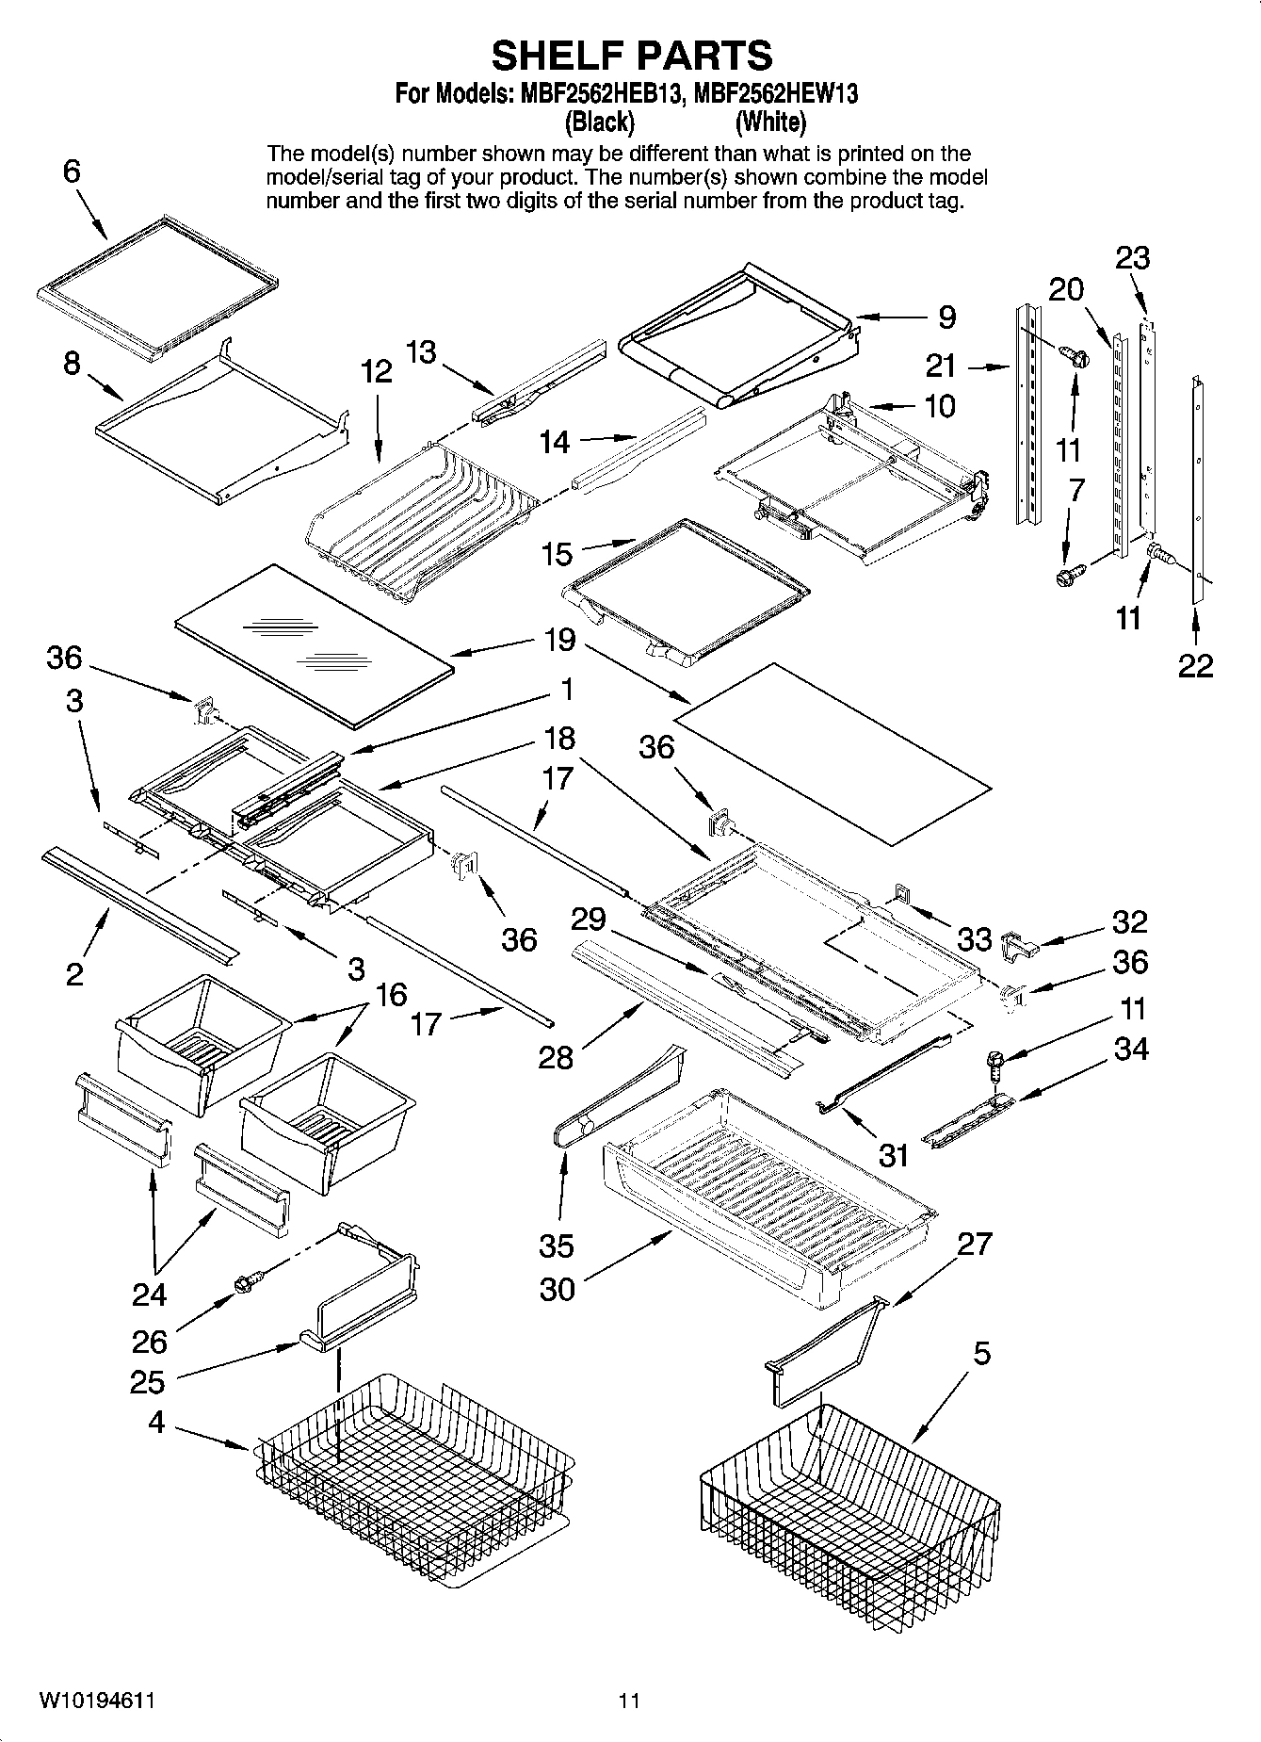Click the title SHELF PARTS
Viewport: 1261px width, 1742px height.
click(631, 56)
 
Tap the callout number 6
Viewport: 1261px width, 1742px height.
click(73, 171)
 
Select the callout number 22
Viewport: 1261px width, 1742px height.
click(1195, 665)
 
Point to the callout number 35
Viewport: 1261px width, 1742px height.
click(556, 1245)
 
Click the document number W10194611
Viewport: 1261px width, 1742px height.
click(97, 1701)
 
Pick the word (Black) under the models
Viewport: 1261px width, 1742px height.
click(599, 122)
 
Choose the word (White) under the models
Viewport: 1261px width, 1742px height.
click(770, 122)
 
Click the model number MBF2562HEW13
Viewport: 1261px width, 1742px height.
click(776, 94)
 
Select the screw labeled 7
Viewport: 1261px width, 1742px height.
click(1067, 574)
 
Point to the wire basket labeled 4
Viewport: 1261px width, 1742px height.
click(414, 1470)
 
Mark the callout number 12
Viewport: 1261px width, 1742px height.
click(376, 371)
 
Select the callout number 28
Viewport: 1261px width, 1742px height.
click(555, 1057)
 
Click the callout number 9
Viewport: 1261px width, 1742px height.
click(946, 317)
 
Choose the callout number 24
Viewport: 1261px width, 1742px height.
click(149, 1295)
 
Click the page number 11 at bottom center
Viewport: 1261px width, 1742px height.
click(629, 1701)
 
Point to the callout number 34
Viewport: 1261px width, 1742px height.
click(1131, 1048)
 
